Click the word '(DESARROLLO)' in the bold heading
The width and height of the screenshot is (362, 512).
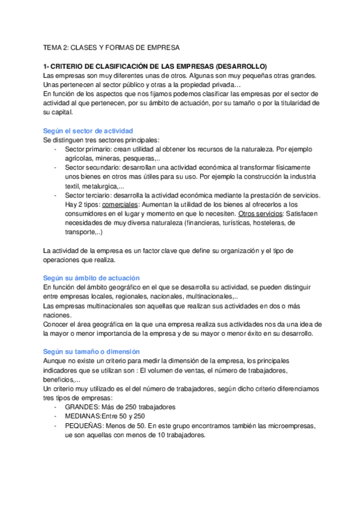point(238,66)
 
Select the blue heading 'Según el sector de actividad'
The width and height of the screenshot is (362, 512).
point(88,130)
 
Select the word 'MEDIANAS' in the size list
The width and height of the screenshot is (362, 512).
point(83,416)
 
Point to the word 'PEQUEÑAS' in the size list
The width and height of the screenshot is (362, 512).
point(83,426)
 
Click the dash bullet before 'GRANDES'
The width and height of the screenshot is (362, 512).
point(56,406)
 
